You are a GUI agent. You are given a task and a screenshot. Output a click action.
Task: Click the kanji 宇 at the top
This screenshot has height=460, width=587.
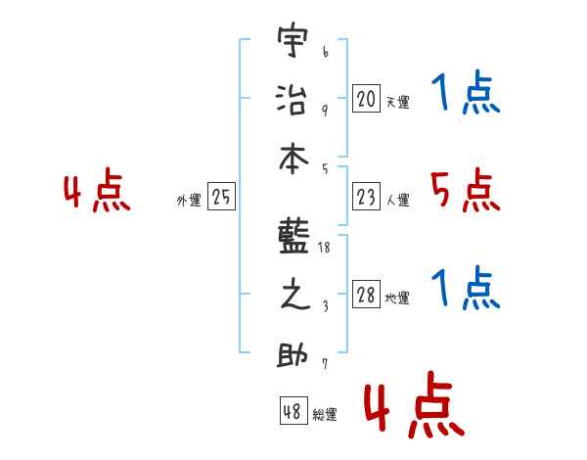tap(291, 44)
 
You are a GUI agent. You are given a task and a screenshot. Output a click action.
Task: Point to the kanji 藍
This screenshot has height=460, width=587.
tap(291, 237)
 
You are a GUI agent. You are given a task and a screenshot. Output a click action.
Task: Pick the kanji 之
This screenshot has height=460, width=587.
tap(291, 297)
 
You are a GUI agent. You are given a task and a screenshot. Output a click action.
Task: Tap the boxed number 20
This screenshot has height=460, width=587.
tap(366, 98)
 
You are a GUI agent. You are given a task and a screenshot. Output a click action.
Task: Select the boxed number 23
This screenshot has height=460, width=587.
tap(366, 198)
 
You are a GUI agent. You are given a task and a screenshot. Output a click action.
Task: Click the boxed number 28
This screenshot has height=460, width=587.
tap(366, 296)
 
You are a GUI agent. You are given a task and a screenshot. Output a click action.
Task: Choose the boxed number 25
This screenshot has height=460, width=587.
tap(221, 198)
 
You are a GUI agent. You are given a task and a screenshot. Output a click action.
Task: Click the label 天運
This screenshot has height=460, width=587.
tap(398, 102)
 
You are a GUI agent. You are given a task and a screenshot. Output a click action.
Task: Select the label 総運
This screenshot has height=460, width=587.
tap(325, 414)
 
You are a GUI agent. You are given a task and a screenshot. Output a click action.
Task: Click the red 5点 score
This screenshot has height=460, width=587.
tap(465, 191)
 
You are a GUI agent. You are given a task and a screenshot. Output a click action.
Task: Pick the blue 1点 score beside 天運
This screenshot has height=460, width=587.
tap(465, 95)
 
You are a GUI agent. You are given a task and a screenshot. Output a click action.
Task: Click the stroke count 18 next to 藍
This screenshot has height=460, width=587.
tap(325, 248)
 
